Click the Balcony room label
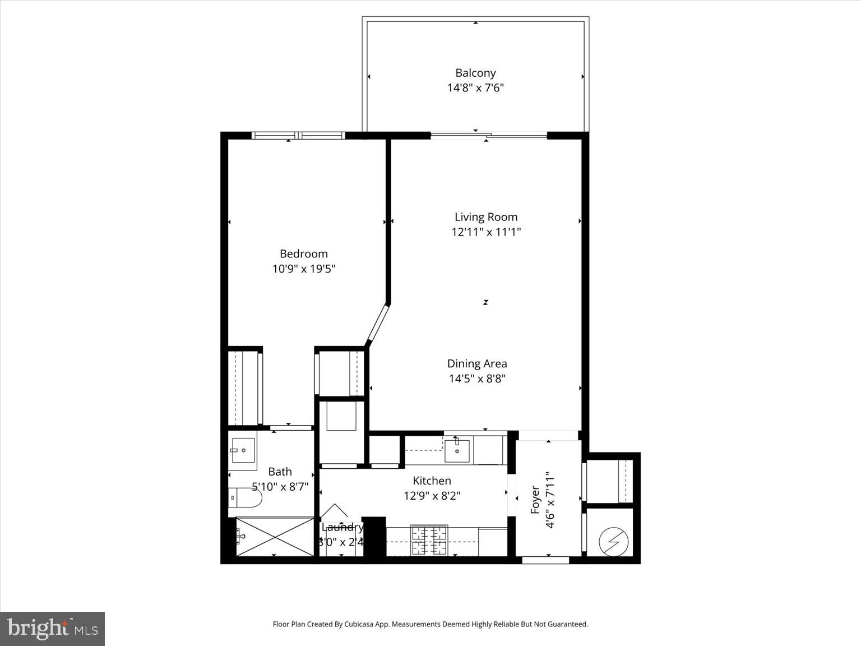coord(475,73)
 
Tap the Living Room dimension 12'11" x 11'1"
coord(486,232)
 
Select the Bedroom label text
coord(303,253)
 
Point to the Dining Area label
coord(477,363)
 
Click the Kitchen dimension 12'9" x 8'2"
coord(432,496)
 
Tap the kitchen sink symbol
coord(457,451)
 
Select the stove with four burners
coord(429,541)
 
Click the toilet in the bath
coord(245,497)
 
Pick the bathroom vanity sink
coord(243,450)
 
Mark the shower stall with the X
coord(274,537)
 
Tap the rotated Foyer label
coord(535,500)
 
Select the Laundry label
coord(342,527)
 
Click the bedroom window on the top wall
coord(298,135)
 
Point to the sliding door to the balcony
coord(488,135)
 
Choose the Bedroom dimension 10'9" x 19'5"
coord(303,269)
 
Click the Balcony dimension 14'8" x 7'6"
coord(475,88)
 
